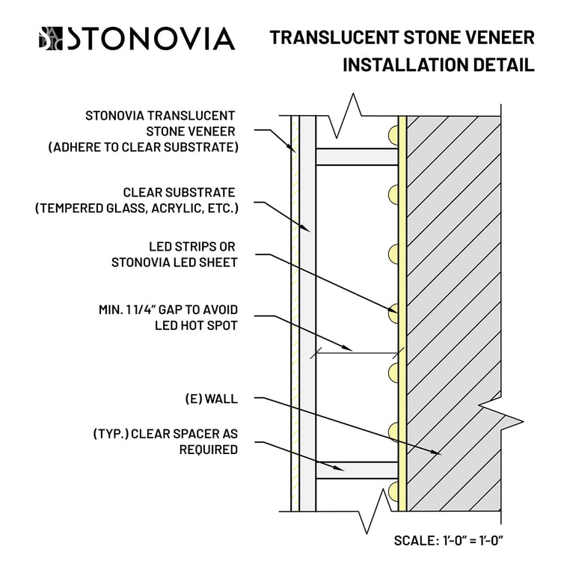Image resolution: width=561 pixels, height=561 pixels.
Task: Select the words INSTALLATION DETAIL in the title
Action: point(438,65)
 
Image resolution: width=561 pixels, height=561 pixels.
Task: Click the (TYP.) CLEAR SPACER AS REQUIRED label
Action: point(165,442)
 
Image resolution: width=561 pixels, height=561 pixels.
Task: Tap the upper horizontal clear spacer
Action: point(355,156)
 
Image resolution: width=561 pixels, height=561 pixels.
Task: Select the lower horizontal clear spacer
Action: point(355,470)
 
